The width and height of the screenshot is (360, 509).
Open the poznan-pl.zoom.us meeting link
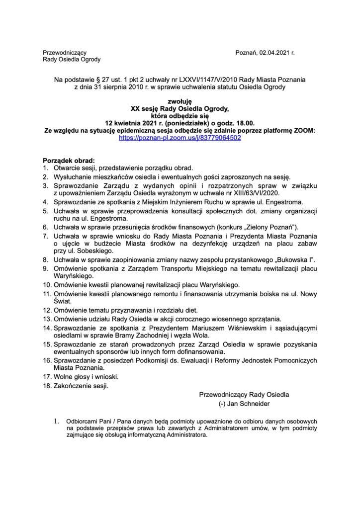click(180, 138)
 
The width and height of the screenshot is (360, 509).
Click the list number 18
click(47, 385)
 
